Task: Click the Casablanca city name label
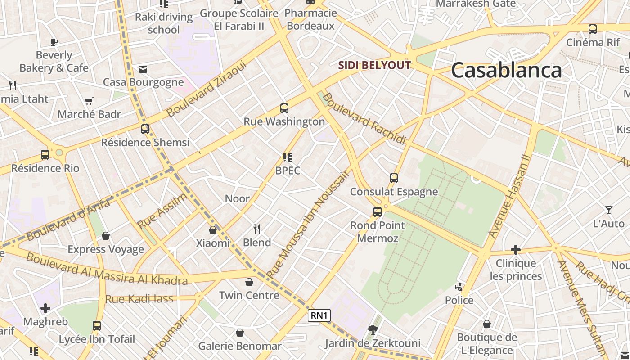click(506, 71)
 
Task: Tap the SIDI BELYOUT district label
click(374, 65)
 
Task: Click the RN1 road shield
click(319, 315)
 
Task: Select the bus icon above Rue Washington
click(284, 108)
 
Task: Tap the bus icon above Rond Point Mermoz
click(378, 211)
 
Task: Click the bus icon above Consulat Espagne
click(394, 178)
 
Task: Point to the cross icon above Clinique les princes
click(516, 250)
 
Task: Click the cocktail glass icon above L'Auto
click(608, 210)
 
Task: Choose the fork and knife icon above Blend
click(257, 229)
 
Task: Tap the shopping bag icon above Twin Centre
click(249, 282)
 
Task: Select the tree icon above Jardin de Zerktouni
click(373, 330)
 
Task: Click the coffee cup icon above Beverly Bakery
click(54, 42)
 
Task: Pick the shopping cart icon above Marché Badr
click(89, 101)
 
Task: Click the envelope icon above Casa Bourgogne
click(143, 69)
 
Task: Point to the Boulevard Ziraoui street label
click(207, 89)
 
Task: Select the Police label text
click(459, 300)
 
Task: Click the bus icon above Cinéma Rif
click(593, 29)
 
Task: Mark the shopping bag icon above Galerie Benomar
click(240, 333)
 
